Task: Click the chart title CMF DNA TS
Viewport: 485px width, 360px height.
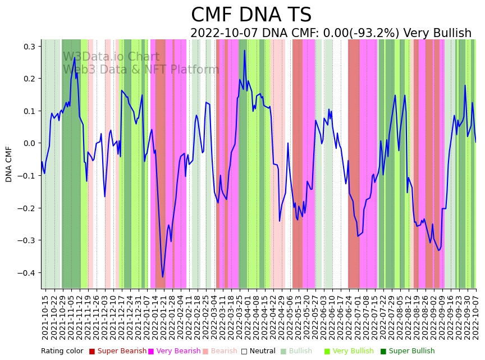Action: pyautogui.click(x=251, y=15)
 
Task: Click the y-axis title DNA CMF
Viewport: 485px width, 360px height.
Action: pyautogui.click(x=9, y=164)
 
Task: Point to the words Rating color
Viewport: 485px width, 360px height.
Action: pyautogui.click(x=62, y=351)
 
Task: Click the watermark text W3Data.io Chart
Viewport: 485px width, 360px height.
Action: pyautogui.click(x=111, y=57)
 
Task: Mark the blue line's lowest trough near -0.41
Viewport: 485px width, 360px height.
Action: pyautogui.click(x=163, y=276)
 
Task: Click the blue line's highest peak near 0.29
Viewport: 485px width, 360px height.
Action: pyautogui.click(x=244, y=51)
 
